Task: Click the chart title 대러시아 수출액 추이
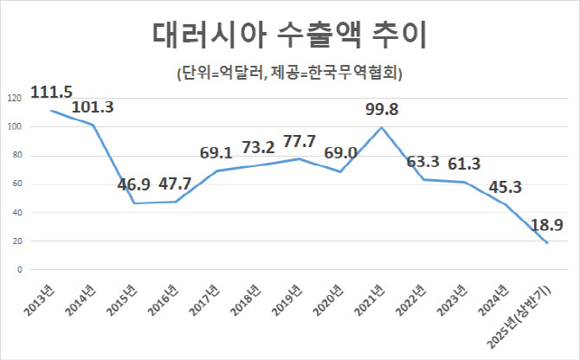(x=290, y=35)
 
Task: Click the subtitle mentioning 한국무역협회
(x=290, y=74)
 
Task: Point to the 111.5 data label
(x=51, y=92)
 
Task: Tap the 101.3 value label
(x=93, y=106)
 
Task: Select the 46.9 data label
(x=134, y=184)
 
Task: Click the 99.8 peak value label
(x=382, y=109)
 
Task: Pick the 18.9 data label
(x=547, y=225)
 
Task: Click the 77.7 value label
(x=300, y=141)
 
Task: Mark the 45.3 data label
(x=506, y=187)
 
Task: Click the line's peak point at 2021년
(x=382, y=127)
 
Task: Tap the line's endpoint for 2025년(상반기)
(x=547, y=243)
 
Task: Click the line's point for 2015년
(x=133, y=203)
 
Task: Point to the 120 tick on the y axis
(x=16, y=99)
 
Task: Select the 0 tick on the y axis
(x=20, y=270)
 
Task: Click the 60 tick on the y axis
(x=18, y=184)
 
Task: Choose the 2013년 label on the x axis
(x=40, y=300)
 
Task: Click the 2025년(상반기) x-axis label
(x=519, y=318)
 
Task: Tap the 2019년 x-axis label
(x=287, y=300)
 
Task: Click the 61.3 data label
(x=464, y=164)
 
